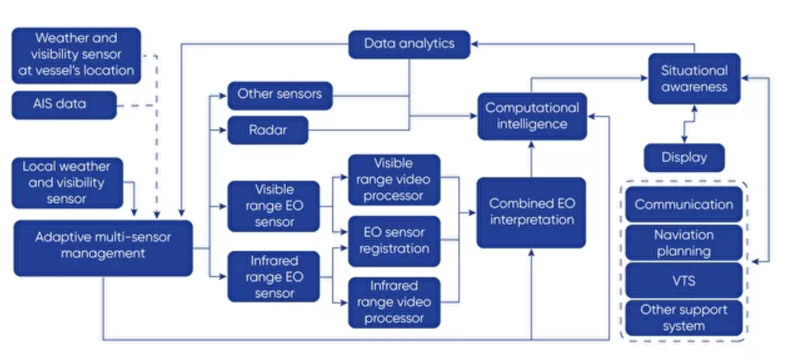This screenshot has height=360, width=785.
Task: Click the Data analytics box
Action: [x=409, y=44]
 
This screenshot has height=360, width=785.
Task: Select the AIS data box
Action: [x=64, y=105]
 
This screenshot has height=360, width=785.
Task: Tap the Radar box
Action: [x=268, y=130]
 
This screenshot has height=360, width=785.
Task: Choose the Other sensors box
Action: [x=280, y=95]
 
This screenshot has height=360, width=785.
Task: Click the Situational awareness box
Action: [x=694, y=79]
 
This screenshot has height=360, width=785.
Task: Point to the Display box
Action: [x=684, y=157]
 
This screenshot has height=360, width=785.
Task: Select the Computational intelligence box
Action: [x=532, y=116]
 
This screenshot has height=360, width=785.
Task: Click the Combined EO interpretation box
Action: [x=532, y=212]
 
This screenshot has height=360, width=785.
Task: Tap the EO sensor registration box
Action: [x=394, y=241]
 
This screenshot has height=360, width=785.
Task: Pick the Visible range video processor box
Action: [x=394, y=180]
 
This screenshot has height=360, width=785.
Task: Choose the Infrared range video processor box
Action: [x=394, y=302]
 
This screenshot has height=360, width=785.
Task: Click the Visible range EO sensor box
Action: [x=273, y=206]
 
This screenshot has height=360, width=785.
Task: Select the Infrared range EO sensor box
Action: [x=273, y=277]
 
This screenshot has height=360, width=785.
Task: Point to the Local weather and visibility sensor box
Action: [x=67, y=183]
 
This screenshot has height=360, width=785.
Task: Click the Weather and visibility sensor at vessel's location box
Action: [x=76, y=55]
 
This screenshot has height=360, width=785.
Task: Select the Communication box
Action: [x=684, y=204]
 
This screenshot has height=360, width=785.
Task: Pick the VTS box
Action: [x=684, y=280]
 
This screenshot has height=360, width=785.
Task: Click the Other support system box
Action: [x=684, y=318]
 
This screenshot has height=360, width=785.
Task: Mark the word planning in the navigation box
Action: [x=684, y=251]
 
